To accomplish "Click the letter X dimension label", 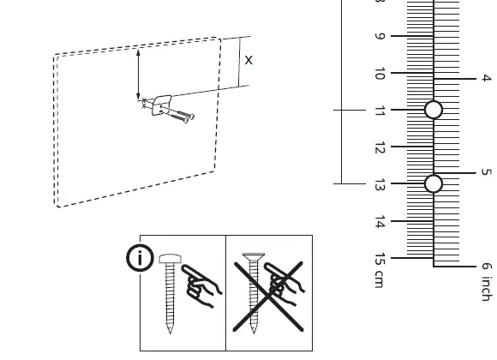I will click(248, 60).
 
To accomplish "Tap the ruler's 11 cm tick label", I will click(380, 111).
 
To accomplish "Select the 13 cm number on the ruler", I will click(380, 184).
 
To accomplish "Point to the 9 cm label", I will click(380, 37).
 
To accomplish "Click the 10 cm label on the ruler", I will click(380, 74).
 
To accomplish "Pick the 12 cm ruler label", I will click(380, 147).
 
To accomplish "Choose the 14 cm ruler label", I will click(380, 222).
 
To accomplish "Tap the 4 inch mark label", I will click(486, 78).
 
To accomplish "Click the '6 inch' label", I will click(486, 281).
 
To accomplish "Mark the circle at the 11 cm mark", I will click(434, 110).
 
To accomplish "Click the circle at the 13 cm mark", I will click(434, 183).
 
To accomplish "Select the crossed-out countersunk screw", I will click(252, 291).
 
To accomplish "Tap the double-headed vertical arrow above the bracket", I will click(138, 75).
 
